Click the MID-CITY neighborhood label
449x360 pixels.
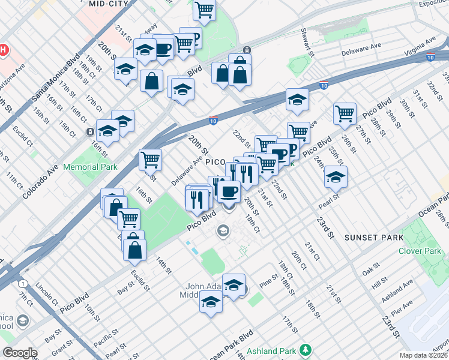tap(109, 4)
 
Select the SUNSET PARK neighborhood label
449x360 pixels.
tap(373, 238)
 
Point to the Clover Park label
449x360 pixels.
tap(420, 251)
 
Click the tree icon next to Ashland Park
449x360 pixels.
tap(306, 349)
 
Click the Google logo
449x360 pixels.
tap(20, 353)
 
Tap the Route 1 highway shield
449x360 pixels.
tap(22, 283)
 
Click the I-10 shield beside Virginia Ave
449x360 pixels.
tap(430, 57)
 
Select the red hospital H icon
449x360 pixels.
tap(4, 49)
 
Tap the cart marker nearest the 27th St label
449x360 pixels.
tap(345, 113)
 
